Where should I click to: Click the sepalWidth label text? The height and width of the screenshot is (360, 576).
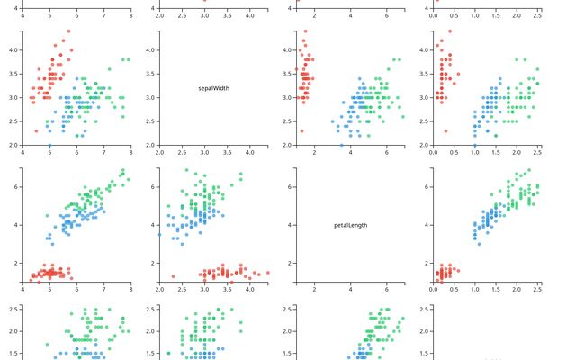coord(214,88)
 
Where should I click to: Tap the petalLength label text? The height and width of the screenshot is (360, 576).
coord(350,225)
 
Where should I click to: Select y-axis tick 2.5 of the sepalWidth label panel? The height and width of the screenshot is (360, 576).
coord(149,121)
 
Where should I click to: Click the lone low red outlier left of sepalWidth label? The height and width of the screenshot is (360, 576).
coord(36,131)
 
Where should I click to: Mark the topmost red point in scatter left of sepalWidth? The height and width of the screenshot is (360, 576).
coord(68,31)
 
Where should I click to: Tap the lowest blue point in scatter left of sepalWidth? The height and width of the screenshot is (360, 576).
coord(49,145)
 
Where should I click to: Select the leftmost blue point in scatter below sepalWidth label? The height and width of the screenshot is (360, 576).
coord(160,235)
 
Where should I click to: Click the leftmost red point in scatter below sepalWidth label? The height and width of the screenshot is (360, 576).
coord(173,276)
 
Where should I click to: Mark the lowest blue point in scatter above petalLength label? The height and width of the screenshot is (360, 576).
coord(341,145)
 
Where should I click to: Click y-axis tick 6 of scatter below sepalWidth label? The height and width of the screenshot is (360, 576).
coord(149,186)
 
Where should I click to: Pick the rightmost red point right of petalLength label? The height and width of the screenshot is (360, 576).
coord(458,267)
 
